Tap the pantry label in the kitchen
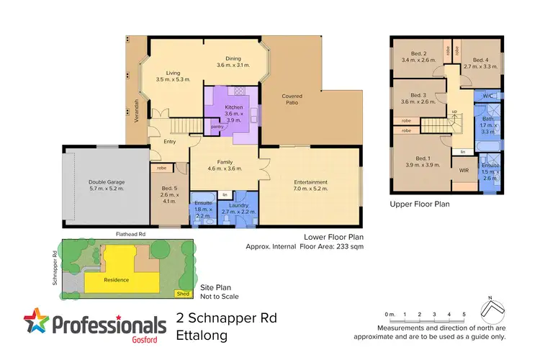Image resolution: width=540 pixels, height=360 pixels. click(217, 127)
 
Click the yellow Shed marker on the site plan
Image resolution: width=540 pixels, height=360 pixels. click(184, 293)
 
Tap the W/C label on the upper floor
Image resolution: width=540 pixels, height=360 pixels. click(487, 96)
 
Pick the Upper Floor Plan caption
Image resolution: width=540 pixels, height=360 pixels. click(420, 204)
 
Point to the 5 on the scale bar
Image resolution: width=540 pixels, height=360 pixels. click(464, 315)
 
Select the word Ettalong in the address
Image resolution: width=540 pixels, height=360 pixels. click(202, 335)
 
